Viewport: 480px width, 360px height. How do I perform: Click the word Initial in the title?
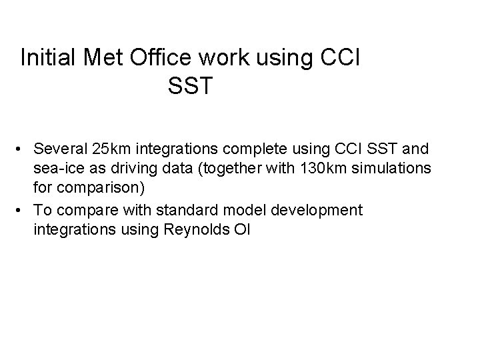click(49, 57)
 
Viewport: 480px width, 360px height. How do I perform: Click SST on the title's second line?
click(190, 86)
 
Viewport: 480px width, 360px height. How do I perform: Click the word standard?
click(193, 211)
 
